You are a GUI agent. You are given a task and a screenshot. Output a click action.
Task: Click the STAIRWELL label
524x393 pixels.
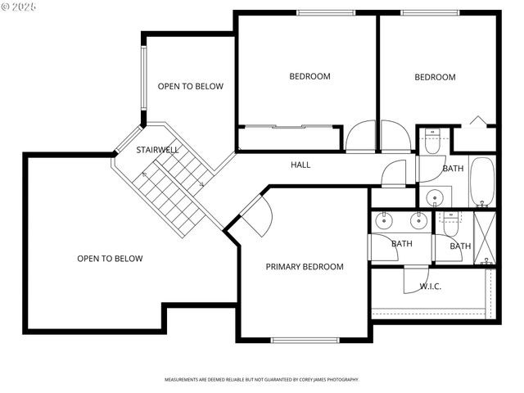[x=157, y=151]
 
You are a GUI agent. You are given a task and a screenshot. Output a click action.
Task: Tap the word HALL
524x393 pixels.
[x=300, y=165]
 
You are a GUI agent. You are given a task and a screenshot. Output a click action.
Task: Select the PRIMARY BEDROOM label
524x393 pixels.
[x=305, y=267]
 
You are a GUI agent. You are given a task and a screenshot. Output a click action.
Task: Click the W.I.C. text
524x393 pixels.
[x=431, y=287]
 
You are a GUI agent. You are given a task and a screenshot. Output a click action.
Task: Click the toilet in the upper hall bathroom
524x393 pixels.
[x=432, y=141]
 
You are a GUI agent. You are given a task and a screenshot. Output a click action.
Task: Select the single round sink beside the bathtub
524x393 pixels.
[x=435, y=196]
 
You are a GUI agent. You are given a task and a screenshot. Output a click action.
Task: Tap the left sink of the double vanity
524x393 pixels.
[x=385, y=219]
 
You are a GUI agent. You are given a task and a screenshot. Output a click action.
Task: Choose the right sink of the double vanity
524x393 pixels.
[x=418, y=219]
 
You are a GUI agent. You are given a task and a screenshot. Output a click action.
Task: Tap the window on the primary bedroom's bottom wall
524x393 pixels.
[x=305, y=340]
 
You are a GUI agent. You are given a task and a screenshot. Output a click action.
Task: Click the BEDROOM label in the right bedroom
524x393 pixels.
[x=435, y=78]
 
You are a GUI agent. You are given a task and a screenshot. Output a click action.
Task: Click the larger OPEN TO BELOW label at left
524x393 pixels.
[x=110, y=259]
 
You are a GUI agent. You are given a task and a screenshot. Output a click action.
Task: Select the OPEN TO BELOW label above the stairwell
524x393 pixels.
[x=190, y=86]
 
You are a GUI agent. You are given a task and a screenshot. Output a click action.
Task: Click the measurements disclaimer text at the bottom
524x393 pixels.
[x=262, y=380]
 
